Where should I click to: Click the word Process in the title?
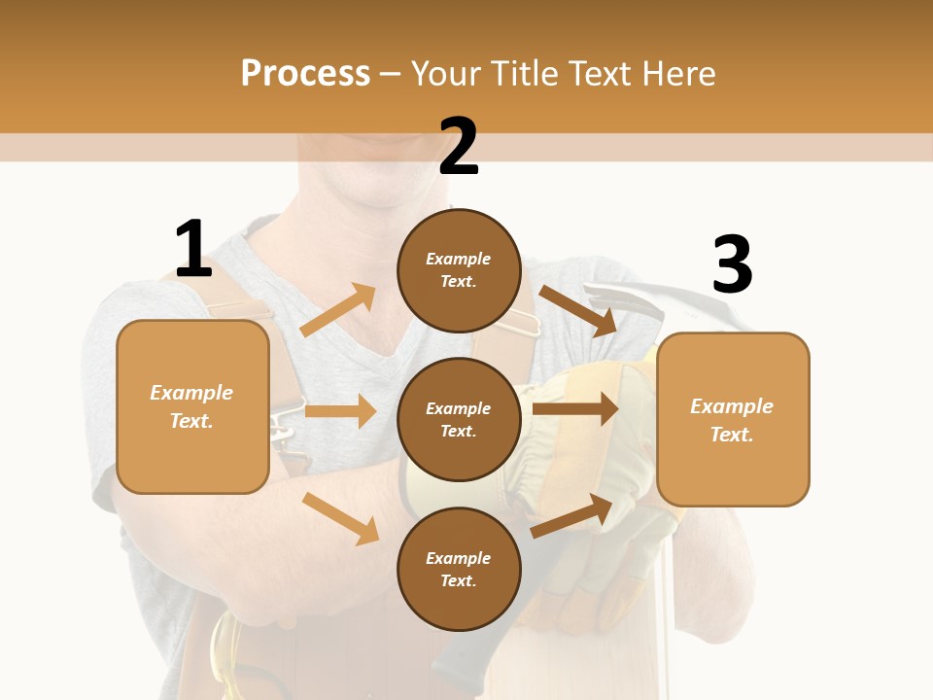pos(305,74)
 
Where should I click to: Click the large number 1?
pos(193,250)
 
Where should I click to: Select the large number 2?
pos(459,147)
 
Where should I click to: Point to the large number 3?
pos(732,264)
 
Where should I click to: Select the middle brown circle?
pos(459,419)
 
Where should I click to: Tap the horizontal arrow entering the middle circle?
pos(340,411)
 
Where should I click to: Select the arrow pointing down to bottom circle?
pos(340,517)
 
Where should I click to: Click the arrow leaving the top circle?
pos(577,310)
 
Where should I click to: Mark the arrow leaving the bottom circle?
pos(573,516)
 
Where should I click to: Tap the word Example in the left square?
pos(191,393)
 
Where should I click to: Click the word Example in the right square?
pos(732,406)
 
